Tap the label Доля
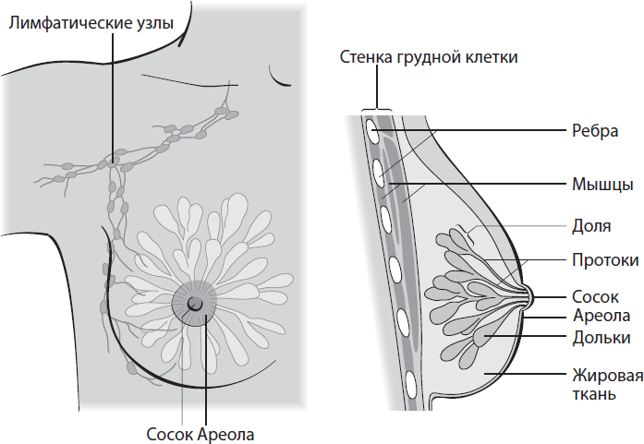591,225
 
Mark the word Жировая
605,375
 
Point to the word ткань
595,394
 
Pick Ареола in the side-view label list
599,317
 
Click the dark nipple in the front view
194,303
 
